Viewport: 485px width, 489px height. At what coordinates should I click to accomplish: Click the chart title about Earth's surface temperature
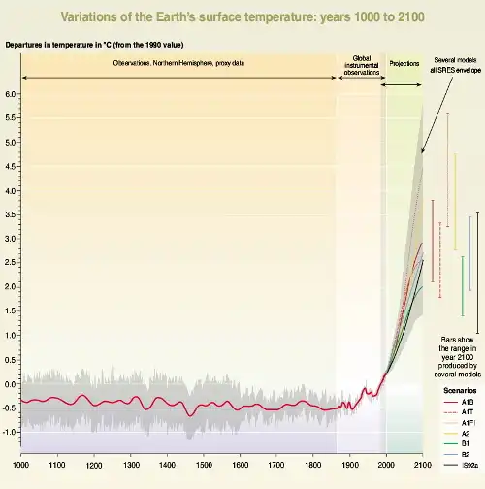coord(242,16)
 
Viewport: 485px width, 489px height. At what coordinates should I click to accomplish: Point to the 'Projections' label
coord(404,62)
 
